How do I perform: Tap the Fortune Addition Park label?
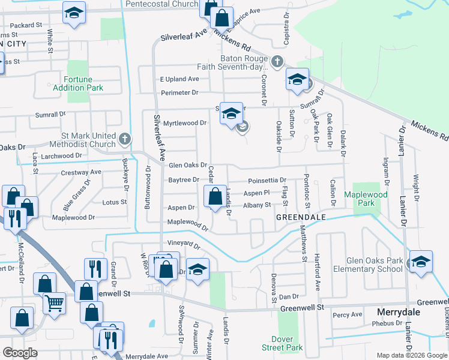tap(83, 83)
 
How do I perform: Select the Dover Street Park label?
tap(282, 343)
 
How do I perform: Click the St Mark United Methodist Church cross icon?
tap(125, 139)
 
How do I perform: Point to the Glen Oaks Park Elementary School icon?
tap(421, 262)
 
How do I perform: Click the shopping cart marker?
tap(54, 304)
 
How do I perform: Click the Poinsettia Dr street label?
tap(267, 180)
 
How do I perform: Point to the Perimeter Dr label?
tap(179, 92)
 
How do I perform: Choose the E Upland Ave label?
tap(179, 79)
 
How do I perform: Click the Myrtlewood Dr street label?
tap(185, 122)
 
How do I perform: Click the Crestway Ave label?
tap(81, 173)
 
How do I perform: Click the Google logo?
tap(20, 353)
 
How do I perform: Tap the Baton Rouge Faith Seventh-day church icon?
tap(277, 61)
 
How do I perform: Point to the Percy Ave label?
tap(348, 314)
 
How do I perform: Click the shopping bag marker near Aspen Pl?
tap(215, 196)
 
